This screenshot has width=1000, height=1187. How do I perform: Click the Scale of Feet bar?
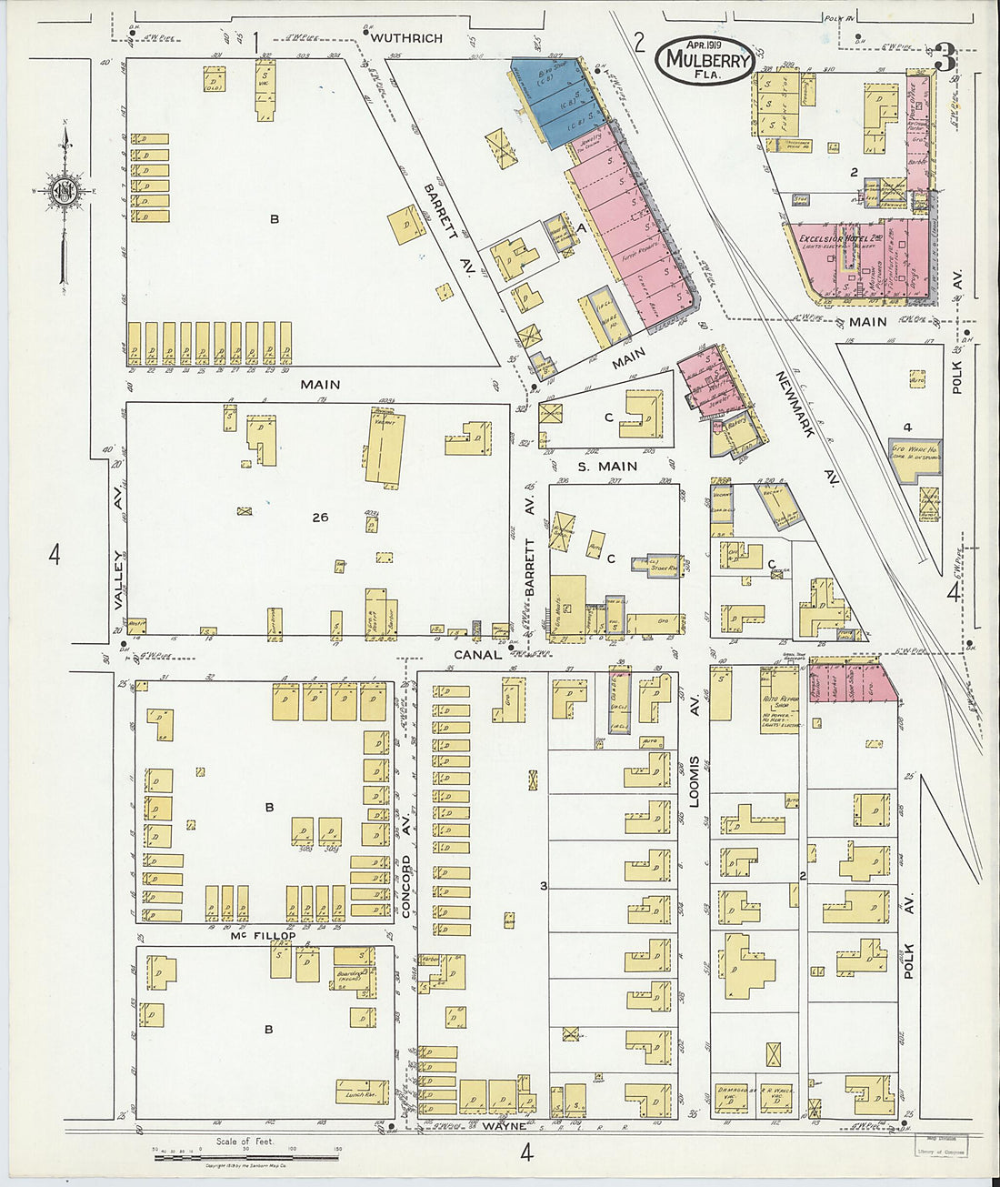pos(245,1156)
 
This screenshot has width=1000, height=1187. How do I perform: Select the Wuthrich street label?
pos(406,38)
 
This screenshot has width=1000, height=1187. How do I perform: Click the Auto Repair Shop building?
pos(778,696)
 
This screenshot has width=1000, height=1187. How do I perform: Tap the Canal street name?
pos(477,654)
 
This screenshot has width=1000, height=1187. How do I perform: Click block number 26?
pos(319,518)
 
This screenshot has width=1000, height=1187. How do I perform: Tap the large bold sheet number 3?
pos(945,59)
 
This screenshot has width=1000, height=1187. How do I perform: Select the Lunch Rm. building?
pos(361,1091)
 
